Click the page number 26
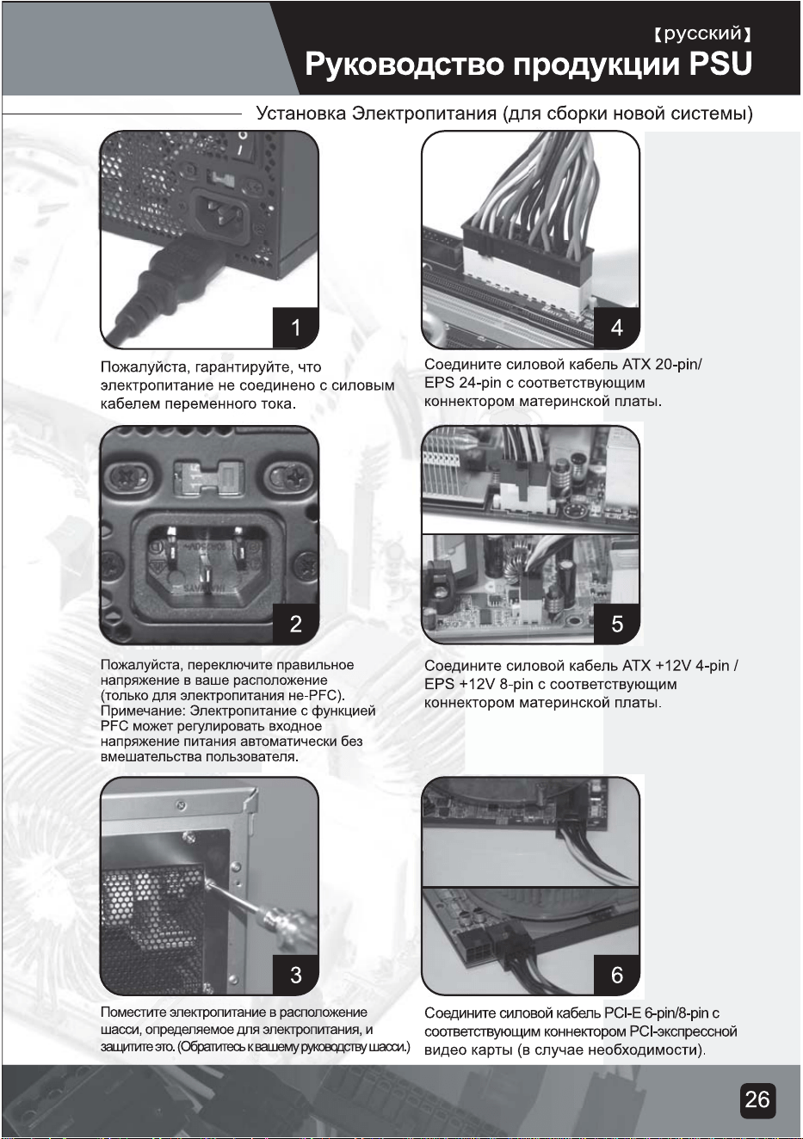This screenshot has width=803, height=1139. point(757,1100)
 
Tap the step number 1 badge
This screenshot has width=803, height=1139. point(296,328)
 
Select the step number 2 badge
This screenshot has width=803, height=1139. point(296,624)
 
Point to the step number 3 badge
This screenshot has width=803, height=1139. point(296,974)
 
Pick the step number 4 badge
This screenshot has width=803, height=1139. point(617,328)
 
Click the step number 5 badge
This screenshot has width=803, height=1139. point(617,624)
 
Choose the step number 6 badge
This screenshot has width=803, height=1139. point(617,974)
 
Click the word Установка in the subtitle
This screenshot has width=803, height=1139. point(300,113)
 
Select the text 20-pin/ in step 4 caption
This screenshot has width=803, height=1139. point(679,365)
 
